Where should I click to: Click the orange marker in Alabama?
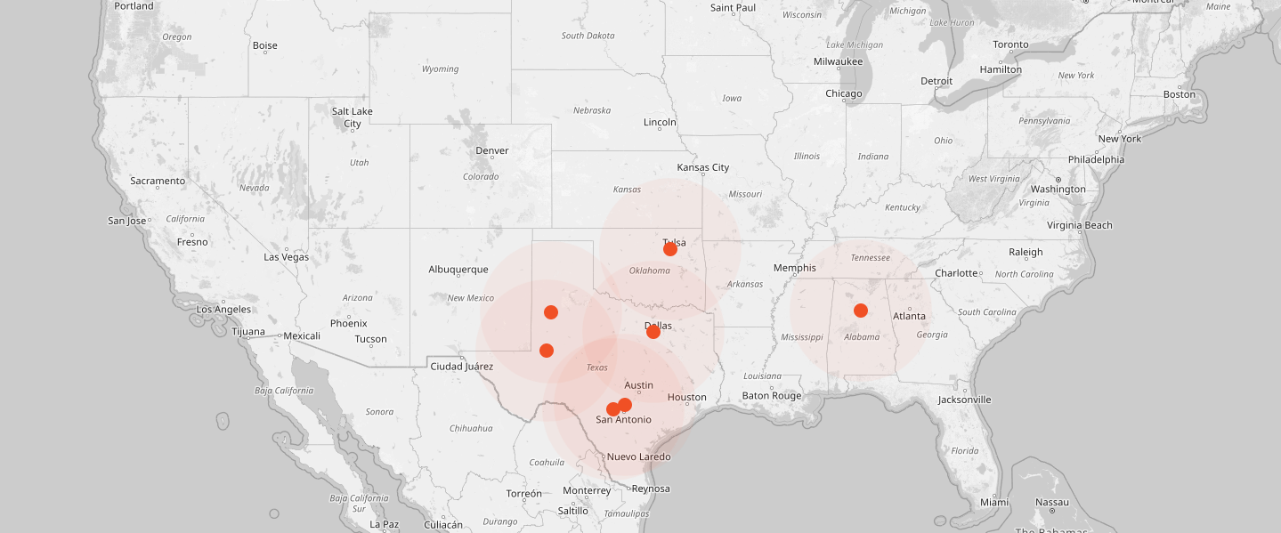(x=860, y=311)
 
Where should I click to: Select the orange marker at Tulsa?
(x=670, y=249)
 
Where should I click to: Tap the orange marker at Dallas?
(x=653, y=332)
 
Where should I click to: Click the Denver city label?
(x=492, y=150)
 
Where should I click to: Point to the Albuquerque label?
(x=458, y=270)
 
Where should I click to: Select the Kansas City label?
(x=703, y=167)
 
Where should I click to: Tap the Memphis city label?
(x=795, y=268)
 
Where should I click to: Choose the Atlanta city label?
(x=910, y=316)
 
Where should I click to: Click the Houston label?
(x=686, y=398)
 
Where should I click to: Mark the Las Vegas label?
(x=287, y=257)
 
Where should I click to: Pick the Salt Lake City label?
(x=353, y=117)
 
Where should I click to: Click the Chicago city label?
(x=843, y=93)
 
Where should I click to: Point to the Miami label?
(x=994, y=503)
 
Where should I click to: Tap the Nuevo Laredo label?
(x=638, y=457)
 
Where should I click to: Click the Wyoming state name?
(x=440, y=69)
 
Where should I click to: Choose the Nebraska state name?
(x=592, y=110)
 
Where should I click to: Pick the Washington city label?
(x=1058, y=190)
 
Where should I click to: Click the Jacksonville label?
(x=964, y=400)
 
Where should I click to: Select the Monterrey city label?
(x=587, y=491)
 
